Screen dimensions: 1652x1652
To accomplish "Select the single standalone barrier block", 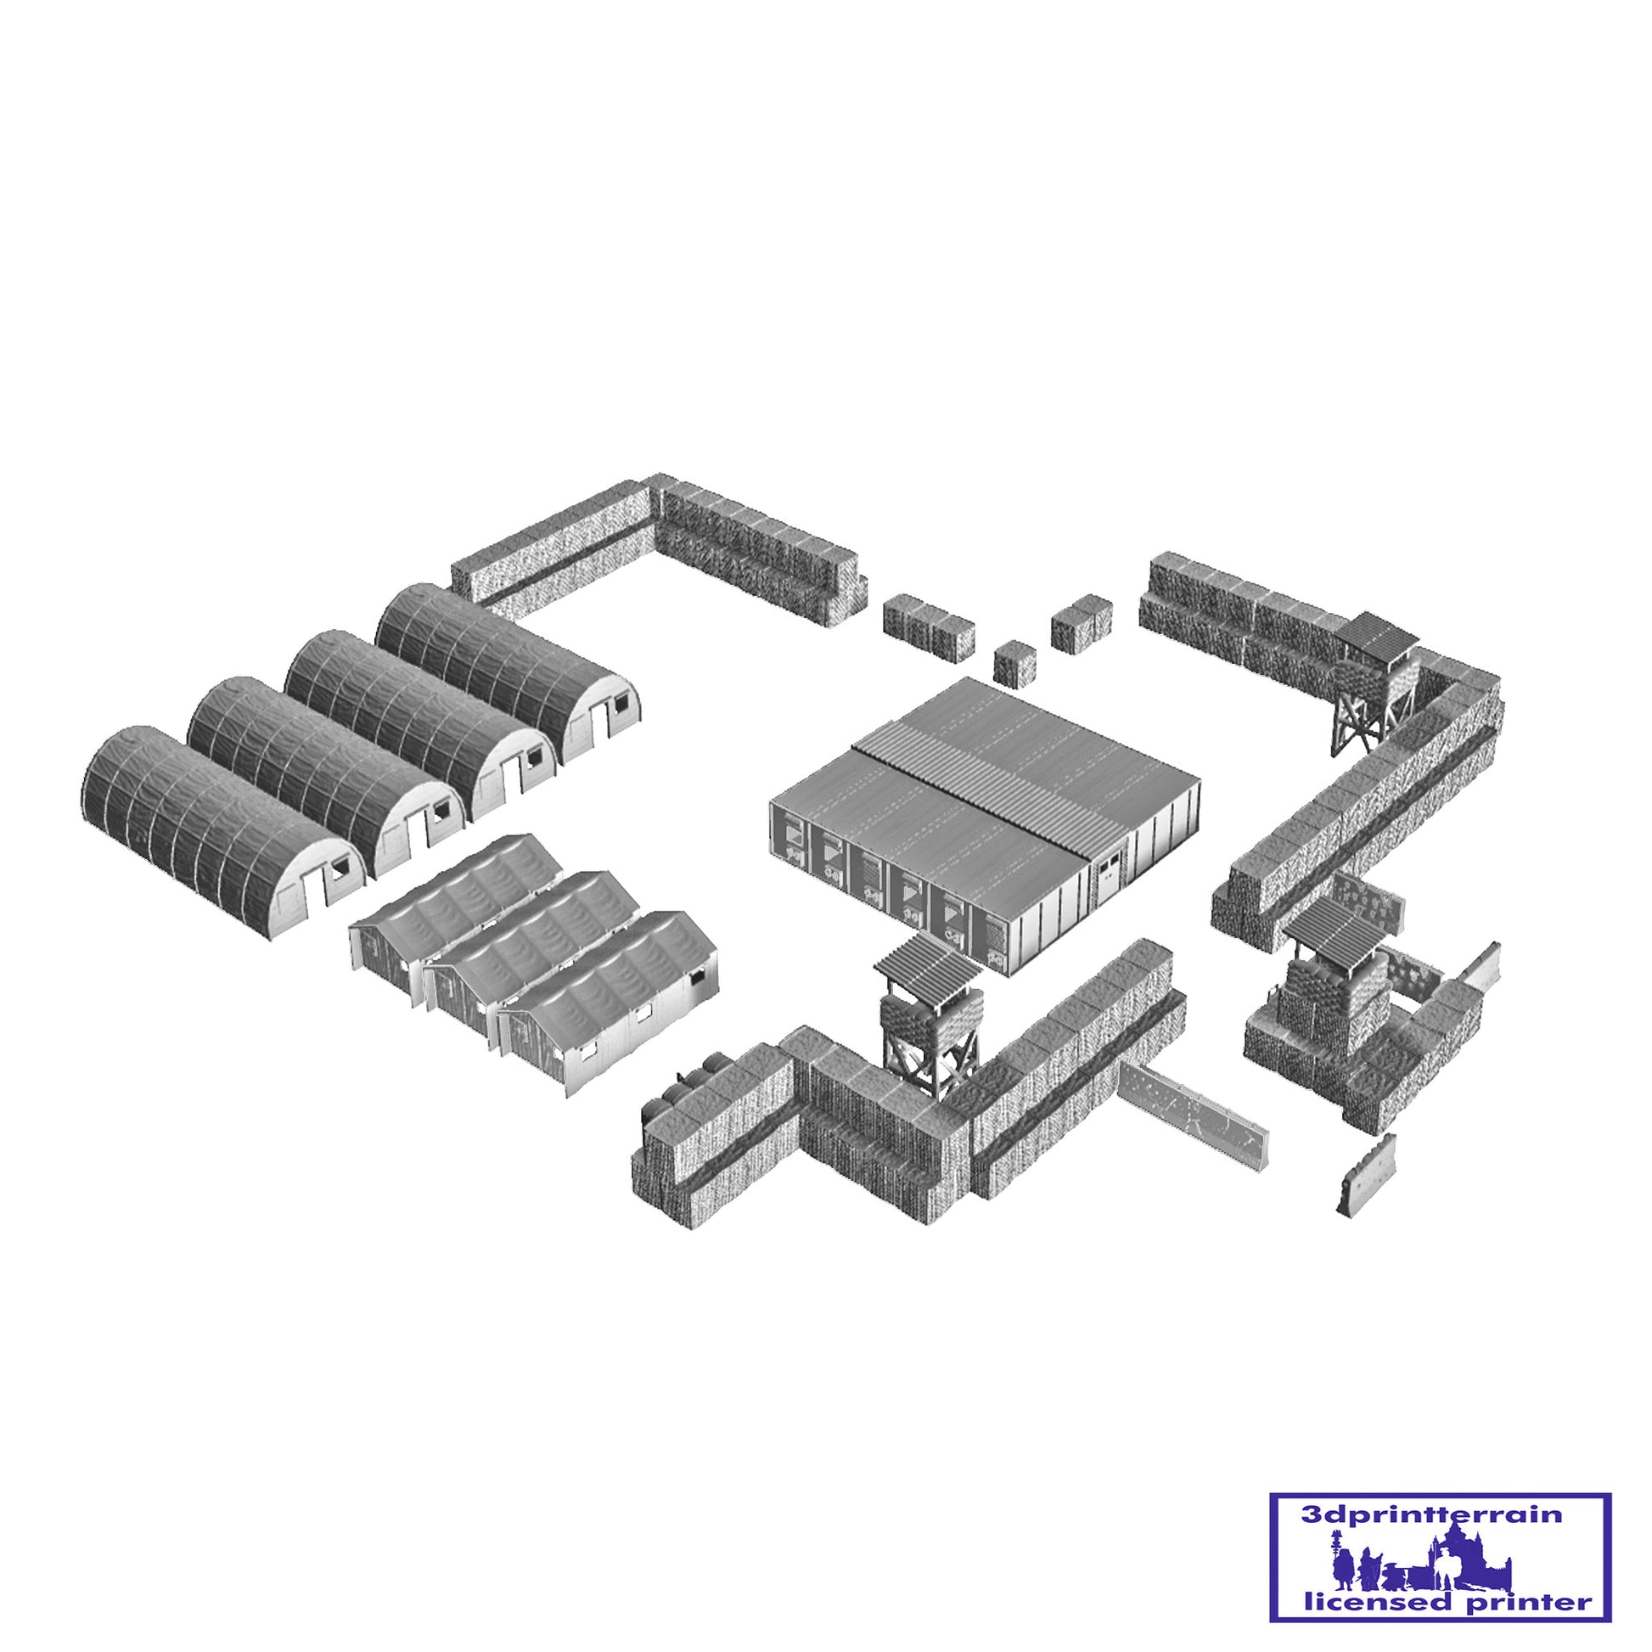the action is point(1015,663).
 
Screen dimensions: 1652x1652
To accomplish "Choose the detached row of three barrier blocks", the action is point(929,626).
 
